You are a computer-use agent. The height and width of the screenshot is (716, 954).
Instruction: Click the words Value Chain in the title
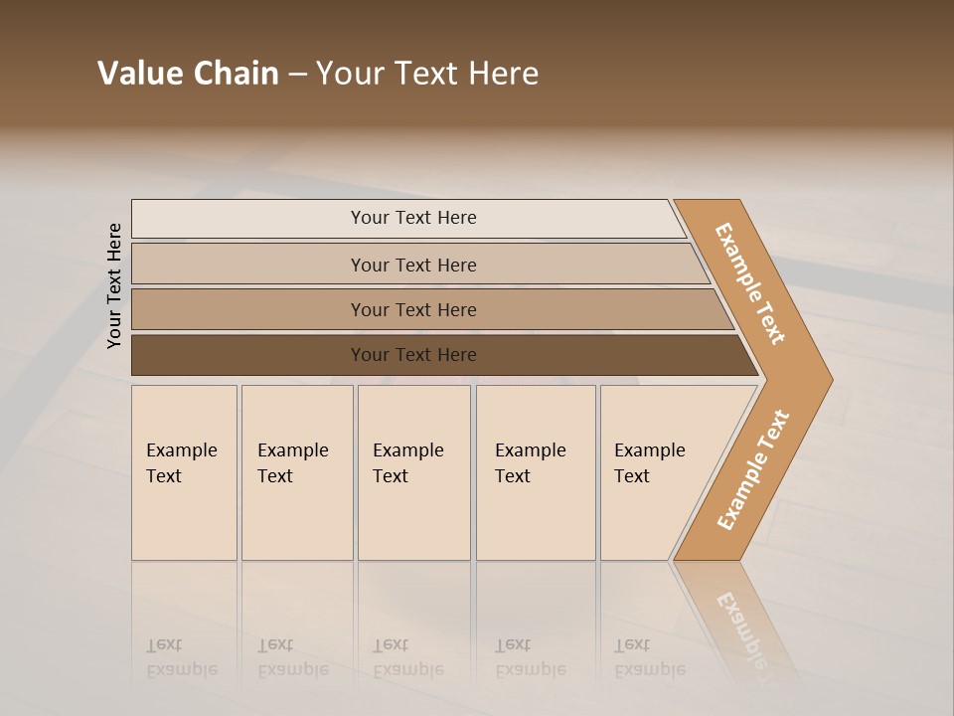(188, 74)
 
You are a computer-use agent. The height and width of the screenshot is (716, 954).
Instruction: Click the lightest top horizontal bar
(248, 219)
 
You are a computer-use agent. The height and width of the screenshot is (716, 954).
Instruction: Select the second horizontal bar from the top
(248, 265)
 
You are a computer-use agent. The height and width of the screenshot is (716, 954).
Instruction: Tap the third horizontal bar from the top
(248, 309)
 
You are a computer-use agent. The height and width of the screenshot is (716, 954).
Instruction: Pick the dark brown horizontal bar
(248, 355)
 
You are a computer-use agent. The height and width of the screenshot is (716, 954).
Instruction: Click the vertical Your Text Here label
(114, 285)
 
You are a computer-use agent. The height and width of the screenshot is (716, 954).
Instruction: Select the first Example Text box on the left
(184, 472)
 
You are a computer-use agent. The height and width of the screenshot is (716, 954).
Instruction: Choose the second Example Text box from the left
(297, 472)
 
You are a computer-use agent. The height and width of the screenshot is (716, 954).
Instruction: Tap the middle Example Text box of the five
(413, 472)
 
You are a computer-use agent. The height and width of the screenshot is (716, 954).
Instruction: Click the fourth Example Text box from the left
(536, 472)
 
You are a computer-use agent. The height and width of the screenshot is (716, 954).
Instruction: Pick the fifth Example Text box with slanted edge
(656, 472)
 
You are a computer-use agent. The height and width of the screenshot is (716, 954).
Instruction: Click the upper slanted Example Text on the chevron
(750, 283)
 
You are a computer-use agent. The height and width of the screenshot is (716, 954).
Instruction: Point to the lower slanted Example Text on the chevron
(753, 469)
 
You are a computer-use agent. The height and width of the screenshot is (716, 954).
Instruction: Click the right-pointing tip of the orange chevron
(826, 380)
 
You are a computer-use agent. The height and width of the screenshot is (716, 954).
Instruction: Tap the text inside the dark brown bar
(413, 355)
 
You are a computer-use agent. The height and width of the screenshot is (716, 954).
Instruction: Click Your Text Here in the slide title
(427, 74)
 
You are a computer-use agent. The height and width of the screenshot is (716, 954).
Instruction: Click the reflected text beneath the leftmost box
(181, 657)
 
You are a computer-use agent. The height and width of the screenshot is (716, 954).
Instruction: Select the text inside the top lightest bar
(413, 218)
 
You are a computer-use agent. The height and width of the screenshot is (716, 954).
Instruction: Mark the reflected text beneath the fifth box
(649, 657)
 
